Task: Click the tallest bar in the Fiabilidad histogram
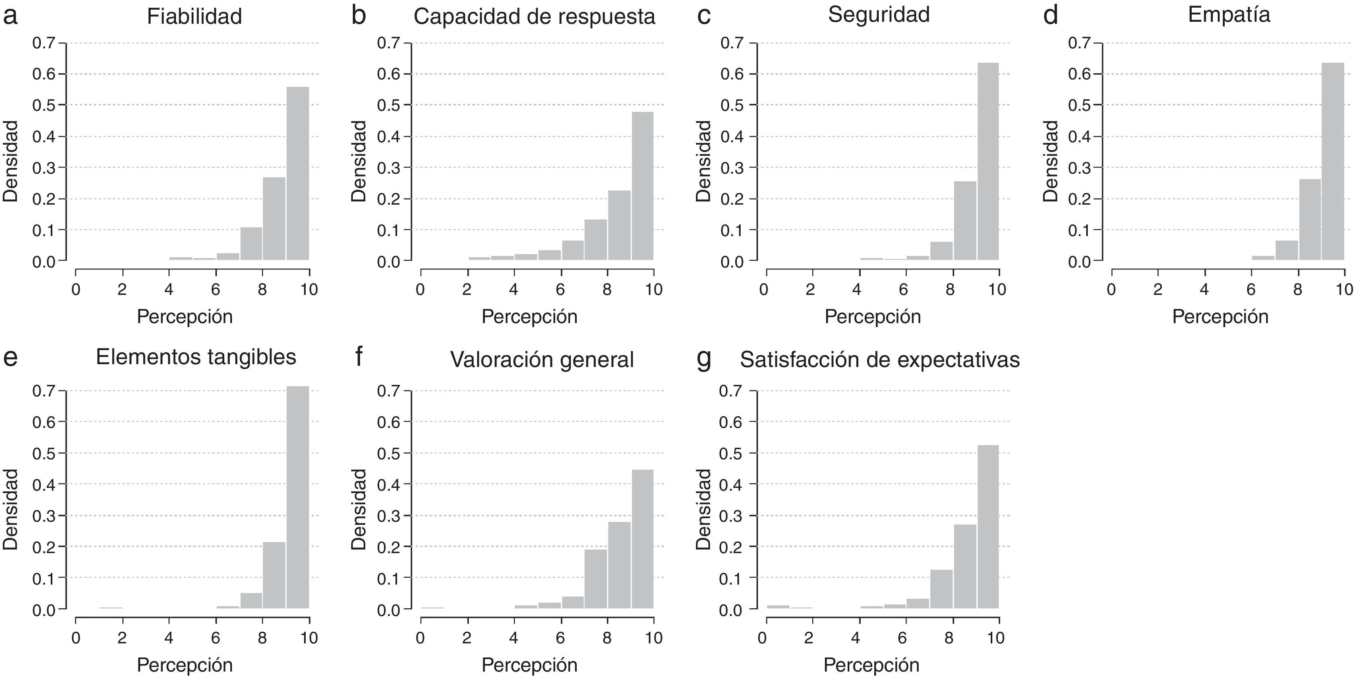point(298,174)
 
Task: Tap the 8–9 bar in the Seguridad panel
point(965,221)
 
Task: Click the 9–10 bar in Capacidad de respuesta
point(642,186)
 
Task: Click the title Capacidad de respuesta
point(534,16)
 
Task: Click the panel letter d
point(1050,16)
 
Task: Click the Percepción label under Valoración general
point(529,664)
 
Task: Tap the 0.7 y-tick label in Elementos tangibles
point(43,391)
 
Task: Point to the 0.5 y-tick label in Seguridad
point(732,105)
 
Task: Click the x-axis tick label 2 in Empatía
point(1157,289)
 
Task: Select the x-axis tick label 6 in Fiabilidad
point(215,289)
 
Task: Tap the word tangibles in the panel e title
point(252,357)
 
